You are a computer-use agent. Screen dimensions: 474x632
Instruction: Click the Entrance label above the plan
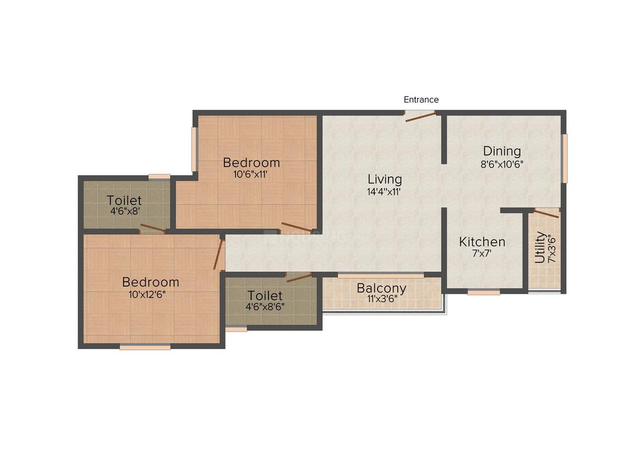(421, 100)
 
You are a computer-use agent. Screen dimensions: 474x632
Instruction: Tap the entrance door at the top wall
(420, 114)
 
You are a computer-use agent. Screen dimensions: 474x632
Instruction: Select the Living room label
(385, 179)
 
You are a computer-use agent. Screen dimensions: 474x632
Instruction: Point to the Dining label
(502, 151)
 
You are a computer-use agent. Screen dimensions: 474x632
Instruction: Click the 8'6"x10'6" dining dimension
(502, 163)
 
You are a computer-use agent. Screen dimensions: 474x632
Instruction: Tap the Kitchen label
(482, 241)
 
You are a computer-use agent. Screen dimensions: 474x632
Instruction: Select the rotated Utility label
(539, 247)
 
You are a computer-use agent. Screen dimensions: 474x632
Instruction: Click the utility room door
(545, 213)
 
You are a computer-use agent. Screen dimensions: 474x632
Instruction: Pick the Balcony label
(381, 288)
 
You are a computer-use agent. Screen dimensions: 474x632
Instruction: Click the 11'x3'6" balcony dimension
(381, 300)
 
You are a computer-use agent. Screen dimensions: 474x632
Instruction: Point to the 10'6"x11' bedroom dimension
(251, 175)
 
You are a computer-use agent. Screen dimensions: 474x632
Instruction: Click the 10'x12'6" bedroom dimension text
(150, 294)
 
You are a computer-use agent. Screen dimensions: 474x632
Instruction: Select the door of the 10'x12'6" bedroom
(219, 254)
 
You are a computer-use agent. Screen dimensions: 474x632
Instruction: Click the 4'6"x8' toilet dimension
(124, 212)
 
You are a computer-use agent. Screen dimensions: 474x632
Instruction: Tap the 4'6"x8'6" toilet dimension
(265, 307)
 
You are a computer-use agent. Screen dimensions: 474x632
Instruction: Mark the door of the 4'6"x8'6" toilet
(299, 276)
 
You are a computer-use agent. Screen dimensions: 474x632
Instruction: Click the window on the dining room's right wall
(565, 158)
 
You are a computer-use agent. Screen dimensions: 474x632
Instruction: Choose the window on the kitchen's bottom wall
(484, 293)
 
